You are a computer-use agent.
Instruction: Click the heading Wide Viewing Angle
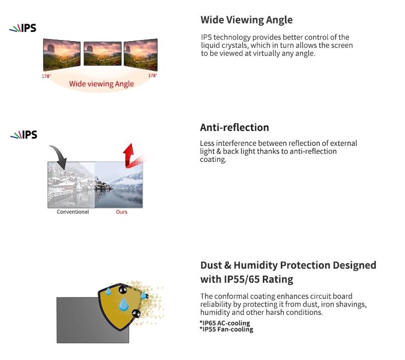[x=246, y=20]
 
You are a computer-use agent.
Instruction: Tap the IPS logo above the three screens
[x=23, y=28]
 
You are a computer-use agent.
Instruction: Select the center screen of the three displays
[x=103, y=53]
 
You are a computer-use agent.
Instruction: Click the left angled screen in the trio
[x=62, y=54]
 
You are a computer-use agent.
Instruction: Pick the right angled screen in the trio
[x=141, y=54]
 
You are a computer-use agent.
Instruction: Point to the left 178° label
[x=46, y=76]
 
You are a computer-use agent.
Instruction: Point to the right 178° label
[x=152, y=75]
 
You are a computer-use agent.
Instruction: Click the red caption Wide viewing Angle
[x=102, y=84]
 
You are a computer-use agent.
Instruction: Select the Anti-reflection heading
[x=235, y=127]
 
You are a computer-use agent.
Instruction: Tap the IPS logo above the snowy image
[x=24, y=135]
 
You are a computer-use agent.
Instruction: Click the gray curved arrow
[x=60, y=156]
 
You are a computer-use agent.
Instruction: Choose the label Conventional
[x=73, y=212]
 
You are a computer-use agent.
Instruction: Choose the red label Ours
[x=122, y=212]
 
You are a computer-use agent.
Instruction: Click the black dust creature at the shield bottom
[x=136, y=313]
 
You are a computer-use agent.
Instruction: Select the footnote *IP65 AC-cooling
[x=225, y=323]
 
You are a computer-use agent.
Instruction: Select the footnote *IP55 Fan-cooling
[x=226, y=329]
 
